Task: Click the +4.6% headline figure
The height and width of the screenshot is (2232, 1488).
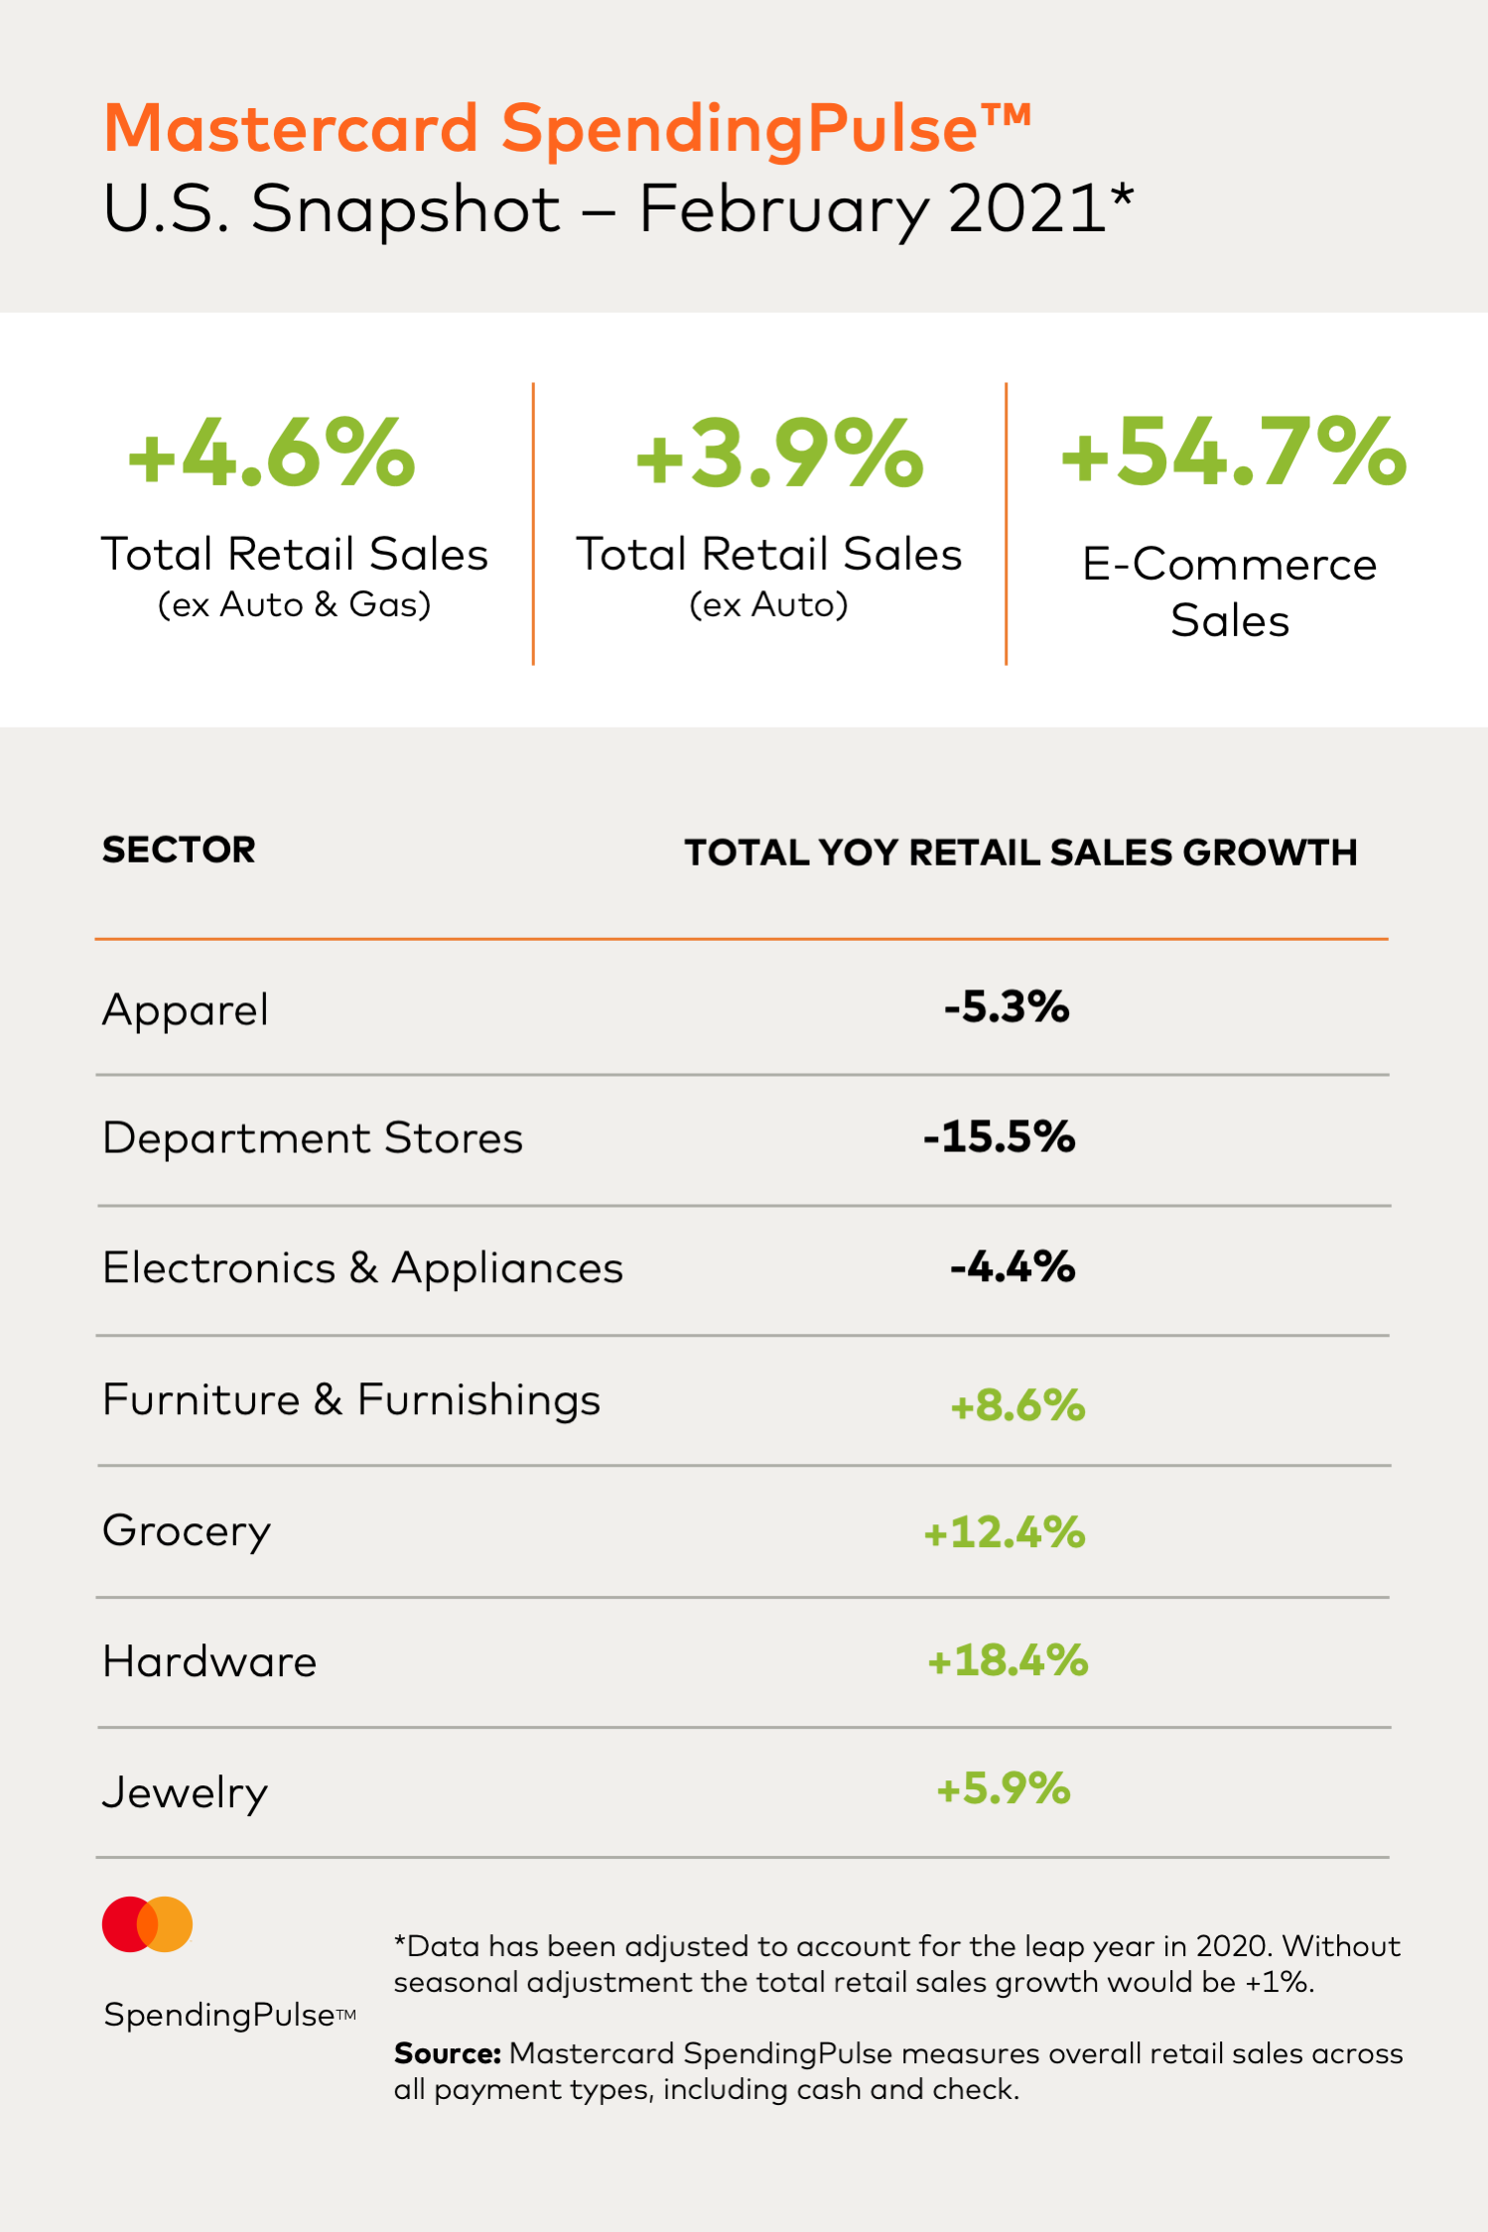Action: pyautogui.click(x=272, y=454)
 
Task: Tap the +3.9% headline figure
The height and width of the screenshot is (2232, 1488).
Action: pyautogui.click(x=779, y=454)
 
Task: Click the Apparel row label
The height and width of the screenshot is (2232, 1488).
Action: pyautogui.click(x=186, y=1010)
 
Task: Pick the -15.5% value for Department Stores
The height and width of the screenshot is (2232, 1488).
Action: pyautogui.click(x=999, y=1137)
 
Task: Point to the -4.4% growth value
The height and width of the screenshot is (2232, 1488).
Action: pyautogui.click(x=1013, y=1267)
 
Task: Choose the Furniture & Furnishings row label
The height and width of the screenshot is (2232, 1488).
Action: pyautogui.click(x=351, y=1400)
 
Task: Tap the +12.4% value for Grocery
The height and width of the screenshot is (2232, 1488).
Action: pyautogui.click(x=1005, y=1532)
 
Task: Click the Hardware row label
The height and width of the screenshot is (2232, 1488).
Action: pyautogui.click(x=209, y=1662)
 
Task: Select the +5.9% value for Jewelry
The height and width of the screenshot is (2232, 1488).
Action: pyautogui.click(x=1004, y=1789)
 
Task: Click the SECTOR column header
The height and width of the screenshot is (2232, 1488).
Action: pyautogui.click(x=179, y=851)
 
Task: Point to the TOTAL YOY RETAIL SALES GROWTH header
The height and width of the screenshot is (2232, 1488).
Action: pyautogui.click(x=1020, y=853)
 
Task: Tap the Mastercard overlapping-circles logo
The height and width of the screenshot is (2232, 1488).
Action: pyautogui.click(x=148, y=1924)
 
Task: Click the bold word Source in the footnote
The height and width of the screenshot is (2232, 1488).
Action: pyautogui.click(x=447, y=2053)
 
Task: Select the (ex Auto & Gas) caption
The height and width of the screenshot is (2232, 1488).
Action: pyautogui.click(x=295, y=604)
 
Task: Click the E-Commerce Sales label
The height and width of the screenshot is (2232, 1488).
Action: pyautogui.click(x=1230, y=592)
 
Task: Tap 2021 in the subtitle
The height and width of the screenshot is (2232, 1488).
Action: pyautogui.click(x=1026, y=209)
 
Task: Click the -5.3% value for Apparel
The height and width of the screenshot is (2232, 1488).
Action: pyautogui.click(x=1007, y=1007)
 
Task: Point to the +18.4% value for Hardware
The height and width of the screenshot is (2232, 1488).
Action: pyautogui.click(x=1008, y=1660)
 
